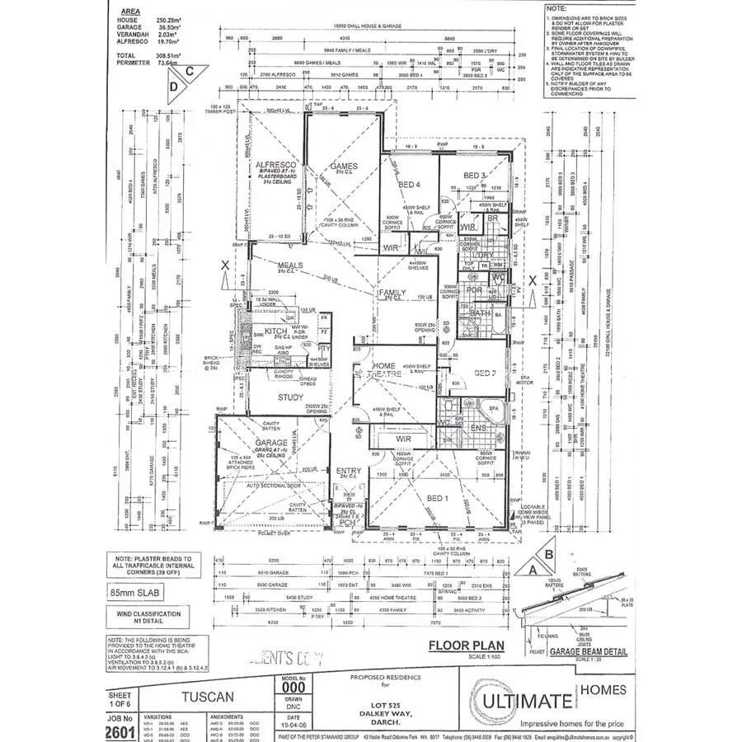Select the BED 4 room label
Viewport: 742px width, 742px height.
410,184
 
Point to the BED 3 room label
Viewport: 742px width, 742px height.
474,176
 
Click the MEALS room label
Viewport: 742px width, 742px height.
291,265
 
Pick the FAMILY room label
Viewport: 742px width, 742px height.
392,293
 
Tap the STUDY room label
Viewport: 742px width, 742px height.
269,397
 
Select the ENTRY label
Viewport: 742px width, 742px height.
348,472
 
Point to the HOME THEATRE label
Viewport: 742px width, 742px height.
383,369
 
